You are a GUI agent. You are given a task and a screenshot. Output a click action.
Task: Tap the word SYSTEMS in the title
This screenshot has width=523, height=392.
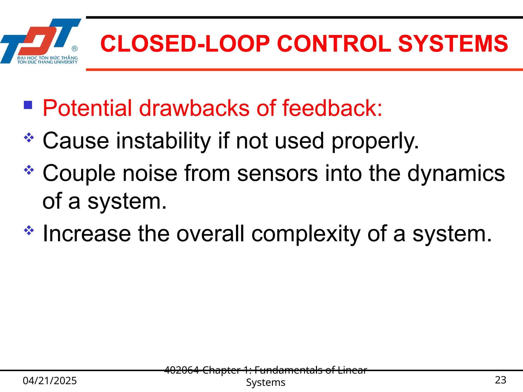point(453,44)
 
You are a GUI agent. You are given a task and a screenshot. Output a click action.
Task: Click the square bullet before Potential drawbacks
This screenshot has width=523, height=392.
point(28,105)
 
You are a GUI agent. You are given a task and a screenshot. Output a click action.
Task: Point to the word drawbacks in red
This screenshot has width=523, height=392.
point(194,108)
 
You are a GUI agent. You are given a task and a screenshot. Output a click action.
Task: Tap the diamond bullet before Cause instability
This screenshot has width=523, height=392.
point(29,138)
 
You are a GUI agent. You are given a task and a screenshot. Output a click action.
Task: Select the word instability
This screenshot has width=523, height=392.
point(163,141)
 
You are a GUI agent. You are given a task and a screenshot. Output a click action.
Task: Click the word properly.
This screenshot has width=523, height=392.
point(375,141)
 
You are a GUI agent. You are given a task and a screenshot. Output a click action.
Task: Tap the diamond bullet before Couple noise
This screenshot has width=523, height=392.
point(29,170)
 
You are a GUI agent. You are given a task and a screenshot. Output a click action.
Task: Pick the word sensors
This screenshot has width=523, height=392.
point(278,174)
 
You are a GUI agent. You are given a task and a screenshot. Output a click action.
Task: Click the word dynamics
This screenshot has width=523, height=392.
point(456,174)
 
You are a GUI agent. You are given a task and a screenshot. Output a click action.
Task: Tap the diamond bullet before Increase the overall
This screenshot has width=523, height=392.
point(29,230)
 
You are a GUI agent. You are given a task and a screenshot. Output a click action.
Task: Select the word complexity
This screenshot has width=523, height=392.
point(306,234)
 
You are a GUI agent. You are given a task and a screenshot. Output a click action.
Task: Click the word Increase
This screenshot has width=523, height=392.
point(87,234)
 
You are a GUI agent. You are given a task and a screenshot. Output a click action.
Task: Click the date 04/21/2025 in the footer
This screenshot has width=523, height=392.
point(50,381)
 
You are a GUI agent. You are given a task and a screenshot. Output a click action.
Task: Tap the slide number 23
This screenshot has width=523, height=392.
point(500,380)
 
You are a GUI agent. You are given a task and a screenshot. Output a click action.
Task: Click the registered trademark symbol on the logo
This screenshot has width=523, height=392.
point(75,48)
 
